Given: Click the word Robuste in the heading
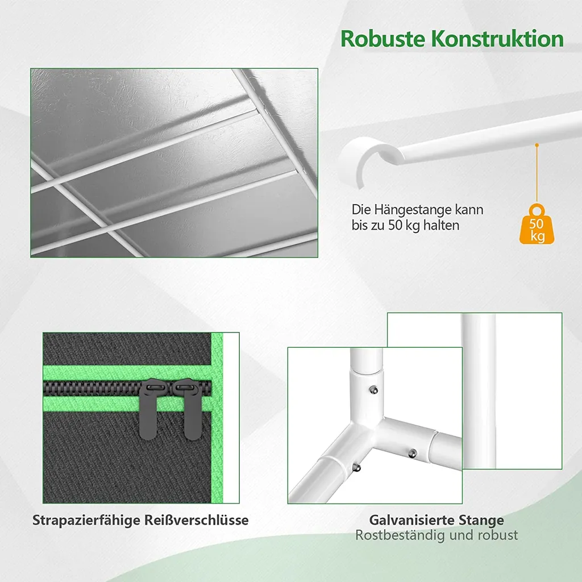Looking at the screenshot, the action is [383, 39].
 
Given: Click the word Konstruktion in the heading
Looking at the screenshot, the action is [497, 39].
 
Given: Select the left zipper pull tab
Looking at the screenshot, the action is [149, 409].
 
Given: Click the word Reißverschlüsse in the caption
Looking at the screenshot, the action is [196, 520].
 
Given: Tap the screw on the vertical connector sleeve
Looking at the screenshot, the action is [374, 390].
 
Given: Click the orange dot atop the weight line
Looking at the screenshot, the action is [537, 145].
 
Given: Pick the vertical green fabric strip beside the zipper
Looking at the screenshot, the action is [217, 418].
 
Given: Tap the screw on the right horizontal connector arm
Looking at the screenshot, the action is [413, 453].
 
